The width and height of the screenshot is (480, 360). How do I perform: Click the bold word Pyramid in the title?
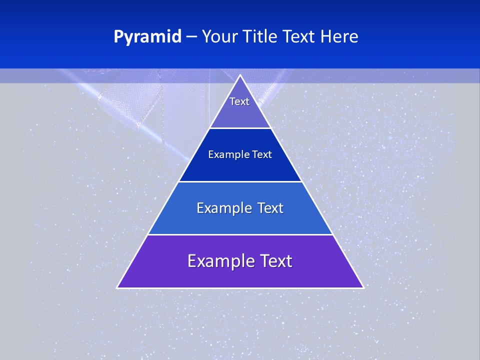147,37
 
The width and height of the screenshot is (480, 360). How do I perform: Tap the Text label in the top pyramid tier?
239,101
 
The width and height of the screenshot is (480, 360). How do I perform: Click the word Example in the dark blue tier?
226,154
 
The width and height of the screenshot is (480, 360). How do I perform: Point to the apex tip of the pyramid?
240,75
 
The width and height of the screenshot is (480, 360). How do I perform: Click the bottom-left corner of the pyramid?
117,287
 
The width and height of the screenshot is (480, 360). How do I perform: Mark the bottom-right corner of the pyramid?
363,287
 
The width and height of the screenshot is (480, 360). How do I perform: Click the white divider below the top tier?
240,128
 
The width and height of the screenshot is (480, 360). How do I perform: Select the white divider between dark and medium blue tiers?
240,181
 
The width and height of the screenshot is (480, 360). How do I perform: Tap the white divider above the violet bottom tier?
240,234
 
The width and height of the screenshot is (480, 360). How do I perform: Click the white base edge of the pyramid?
240,288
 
